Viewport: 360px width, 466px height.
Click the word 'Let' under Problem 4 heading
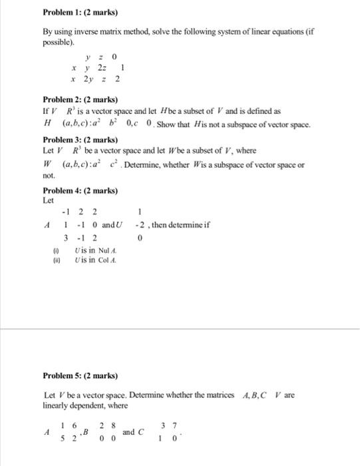pos(48,200)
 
